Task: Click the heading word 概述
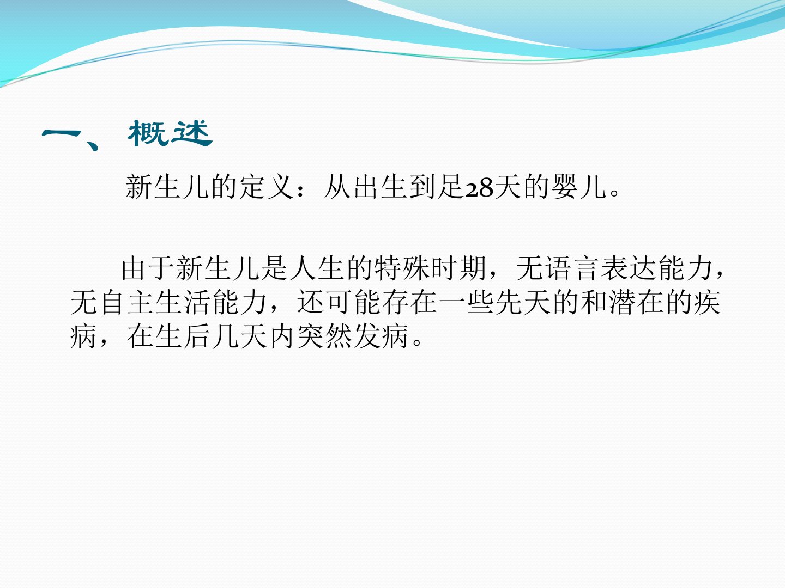[x=170, y=133]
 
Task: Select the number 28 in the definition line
[x=479, y=187]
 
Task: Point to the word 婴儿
[x=579, y=187]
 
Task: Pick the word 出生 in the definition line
[x=380, y=187]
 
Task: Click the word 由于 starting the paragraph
[x=148, y=268]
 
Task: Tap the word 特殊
[x=402, y=268]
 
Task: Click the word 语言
[x=572, y=268]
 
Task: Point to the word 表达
[x=629, y=268]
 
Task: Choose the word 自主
[x=126, y=302]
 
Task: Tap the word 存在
[x=410, y=302]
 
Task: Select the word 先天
[x=523, y=302]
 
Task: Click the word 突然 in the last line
[x=324, y=336]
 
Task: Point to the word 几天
[x=240, y=336]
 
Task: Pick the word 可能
[x=354, y=302]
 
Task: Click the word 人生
[x=317, y=268]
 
